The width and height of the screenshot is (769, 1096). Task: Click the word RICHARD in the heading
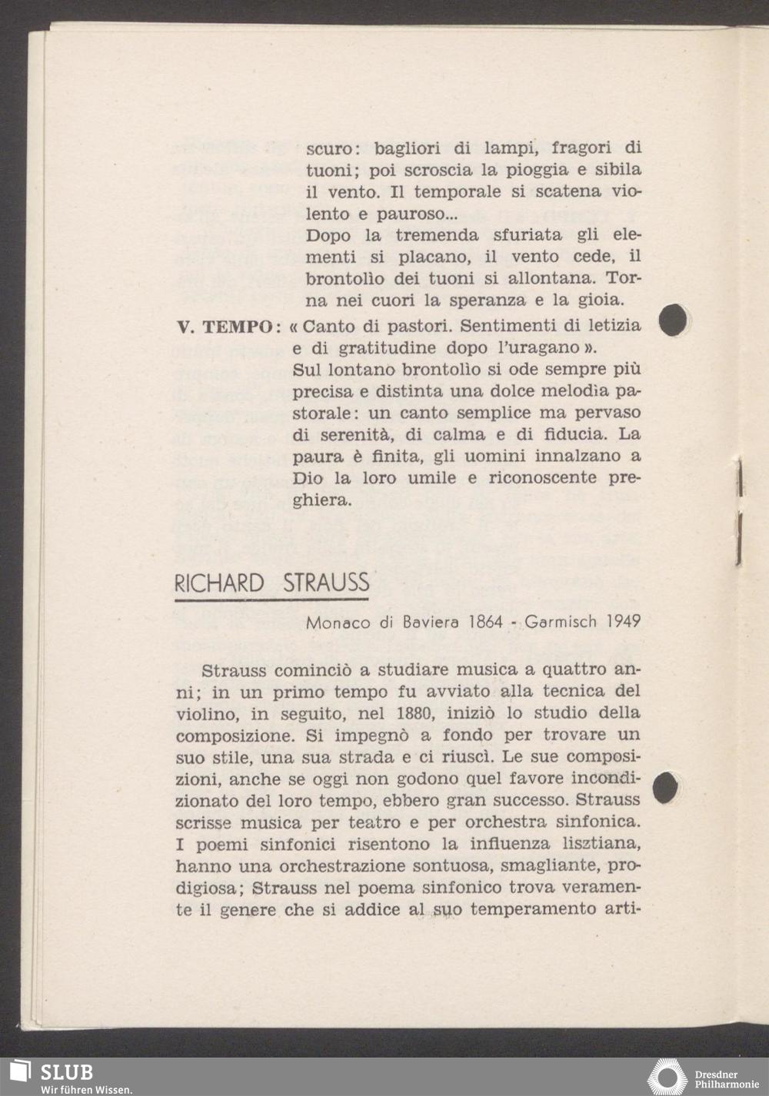(x=219, y=583)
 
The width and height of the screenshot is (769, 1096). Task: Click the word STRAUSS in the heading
(x=326, y=583)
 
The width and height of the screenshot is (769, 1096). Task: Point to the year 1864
(x=485, y=622)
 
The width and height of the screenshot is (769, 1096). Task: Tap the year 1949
(x=623, y=622)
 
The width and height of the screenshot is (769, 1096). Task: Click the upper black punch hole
(x=673, y=320)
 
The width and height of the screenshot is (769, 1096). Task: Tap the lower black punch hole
(x=665, y=786)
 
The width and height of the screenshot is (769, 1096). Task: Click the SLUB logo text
(x=66, y=1072)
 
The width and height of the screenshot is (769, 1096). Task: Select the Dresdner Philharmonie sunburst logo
(x=667, y=1077)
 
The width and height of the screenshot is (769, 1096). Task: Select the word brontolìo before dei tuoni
(x=343, y=279)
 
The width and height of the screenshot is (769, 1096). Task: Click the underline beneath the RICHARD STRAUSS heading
(x=271, y=600)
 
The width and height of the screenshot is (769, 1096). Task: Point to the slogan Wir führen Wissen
(x=66, y=1089)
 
